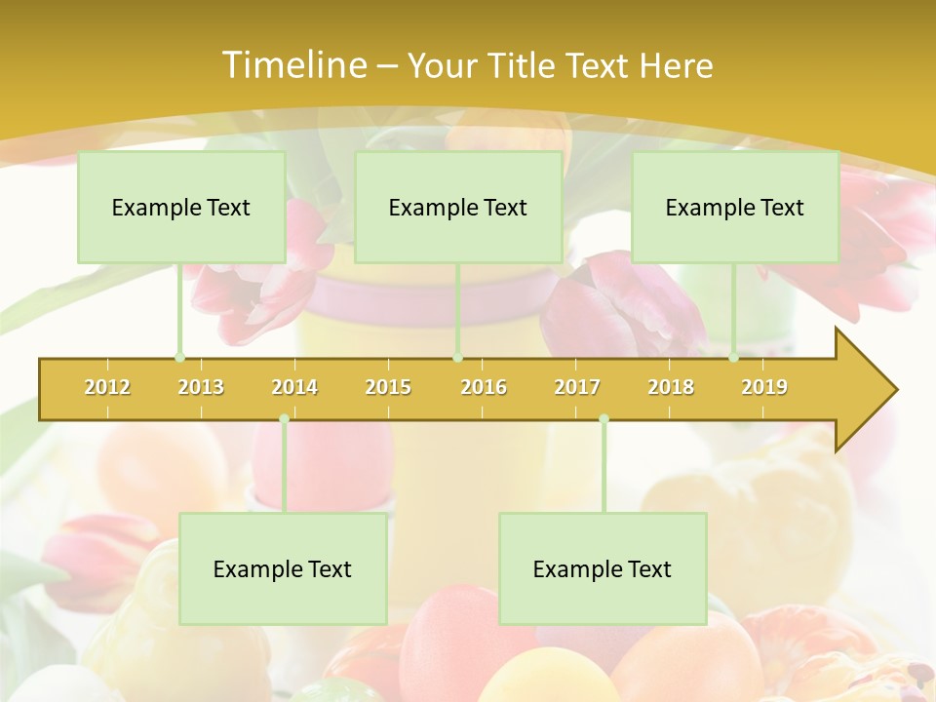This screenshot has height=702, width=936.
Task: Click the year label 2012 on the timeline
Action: [107, 387]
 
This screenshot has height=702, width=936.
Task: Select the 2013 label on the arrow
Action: [201, 387]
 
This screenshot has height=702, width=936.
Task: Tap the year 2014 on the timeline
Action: [294, 387]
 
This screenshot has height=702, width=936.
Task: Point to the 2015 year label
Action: [388, 387]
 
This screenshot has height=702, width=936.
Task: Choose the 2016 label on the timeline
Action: [484, 387]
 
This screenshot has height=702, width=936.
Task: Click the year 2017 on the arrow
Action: [577, 387]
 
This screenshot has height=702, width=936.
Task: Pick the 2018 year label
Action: [671, 387]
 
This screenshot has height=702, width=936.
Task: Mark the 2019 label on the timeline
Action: [764, 387]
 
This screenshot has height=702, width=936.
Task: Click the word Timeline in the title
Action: [292, 65]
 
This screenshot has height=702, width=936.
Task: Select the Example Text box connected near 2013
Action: [181, 208]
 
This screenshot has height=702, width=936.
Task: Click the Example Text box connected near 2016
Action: [458, 208]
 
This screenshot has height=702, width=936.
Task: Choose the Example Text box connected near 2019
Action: [735, 208]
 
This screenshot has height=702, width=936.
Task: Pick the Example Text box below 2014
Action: [283, 569]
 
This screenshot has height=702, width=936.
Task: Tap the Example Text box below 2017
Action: [603, 569]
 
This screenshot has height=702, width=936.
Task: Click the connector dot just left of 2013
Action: [179, 358]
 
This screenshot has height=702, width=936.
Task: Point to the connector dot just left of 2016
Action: [457, 358]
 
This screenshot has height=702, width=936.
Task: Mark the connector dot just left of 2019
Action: [734, 358]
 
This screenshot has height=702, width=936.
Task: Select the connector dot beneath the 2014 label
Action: [284, 419]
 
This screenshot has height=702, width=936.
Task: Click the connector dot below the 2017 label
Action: [604, 419]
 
